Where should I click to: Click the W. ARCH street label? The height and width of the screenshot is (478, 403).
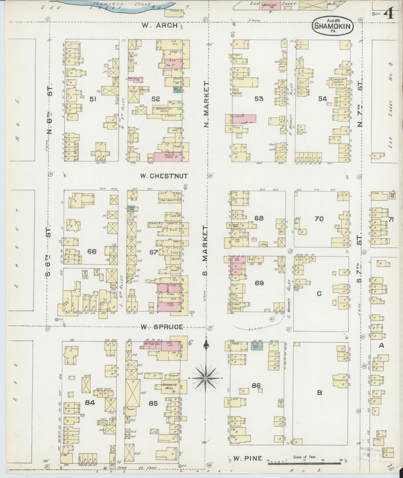160,25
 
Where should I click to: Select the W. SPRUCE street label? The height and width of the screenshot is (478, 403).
161,327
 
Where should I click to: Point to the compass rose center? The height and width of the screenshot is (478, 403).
206,378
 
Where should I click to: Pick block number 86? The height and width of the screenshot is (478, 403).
256,386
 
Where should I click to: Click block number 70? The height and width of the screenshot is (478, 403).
319,219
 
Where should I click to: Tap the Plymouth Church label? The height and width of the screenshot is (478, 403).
337,81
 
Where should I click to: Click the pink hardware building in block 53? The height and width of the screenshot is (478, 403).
240,118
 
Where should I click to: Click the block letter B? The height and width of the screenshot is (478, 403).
320,393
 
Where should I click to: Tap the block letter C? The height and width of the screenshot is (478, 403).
319,293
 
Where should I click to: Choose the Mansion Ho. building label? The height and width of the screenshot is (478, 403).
270,6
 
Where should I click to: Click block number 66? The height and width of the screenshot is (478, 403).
92,252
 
